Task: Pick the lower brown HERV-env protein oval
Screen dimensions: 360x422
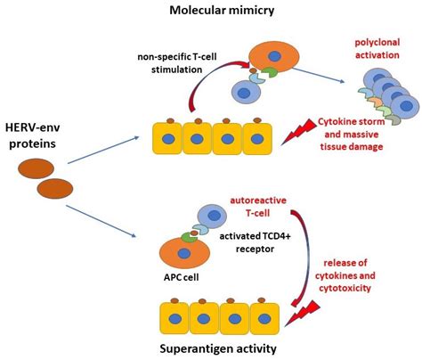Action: [54, 190]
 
